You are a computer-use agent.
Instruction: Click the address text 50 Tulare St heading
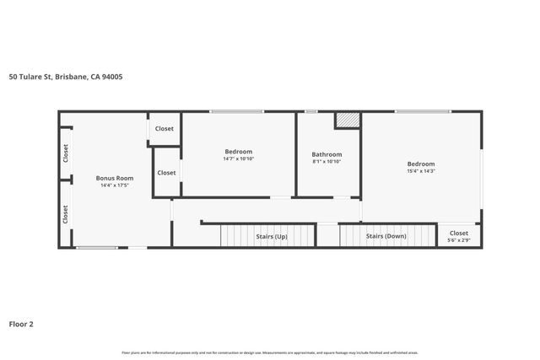point(66,76)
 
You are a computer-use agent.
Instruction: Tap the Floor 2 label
point(21,323)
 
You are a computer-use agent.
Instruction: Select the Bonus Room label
point(115,178)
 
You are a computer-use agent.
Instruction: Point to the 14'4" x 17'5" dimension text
point(115,185)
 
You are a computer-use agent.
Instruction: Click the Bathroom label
point(327,154)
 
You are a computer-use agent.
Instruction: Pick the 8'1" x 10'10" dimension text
point(327,162)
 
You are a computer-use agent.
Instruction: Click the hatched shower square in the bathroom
point(347,121)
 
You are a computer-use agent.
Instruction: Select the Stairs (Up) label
point(272,237)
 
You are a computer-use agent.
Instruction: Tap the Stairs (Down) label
point(385,237)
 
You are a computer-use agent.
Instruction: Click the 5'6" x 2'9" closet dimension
point(459,241)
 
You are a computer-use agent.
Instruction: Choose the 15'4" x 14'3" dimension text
point(421,171)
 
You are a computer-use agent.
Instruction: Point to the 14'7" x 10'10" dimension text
point(239,159)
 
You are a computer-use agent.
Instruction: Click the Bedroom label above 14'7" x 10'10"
point(239,151)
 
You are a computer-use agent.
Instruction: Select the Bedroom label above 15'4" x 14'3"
point(421,164)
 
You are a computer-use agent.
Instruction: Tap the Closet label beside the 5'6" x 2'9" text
point(459,234)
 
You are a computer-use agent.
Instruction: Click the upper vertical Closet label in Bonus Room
point(66,153)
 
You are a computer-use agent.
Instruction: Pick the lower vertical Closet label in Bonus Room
point(66,214)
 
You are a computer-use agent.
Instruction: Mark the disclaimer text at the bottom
point(270,352)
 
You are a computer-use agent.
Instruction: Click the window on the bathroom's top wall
point(311,111)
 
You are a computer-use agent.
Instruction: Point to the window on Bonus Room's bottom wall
point(97,248)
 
